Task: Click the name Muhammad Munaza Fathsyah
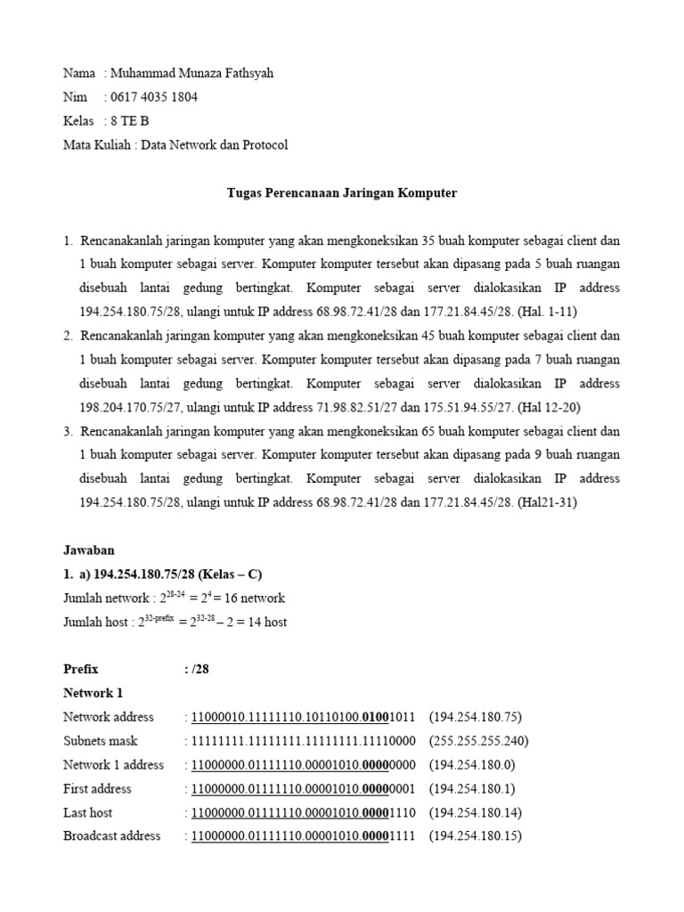pyautogui.click(x=189, y=73)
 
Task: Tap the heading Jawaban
pyautogui.click(x=89, y=550)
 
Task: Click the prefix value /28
pyautogui.click(x=200, y=669)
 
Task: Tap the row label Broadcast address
pyautogui.click(x=112, y=836)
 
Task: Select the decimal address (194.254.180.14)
pyautogui.click(x=476, y=812)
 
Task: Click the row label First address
pyautogui.click(x=97, y=789)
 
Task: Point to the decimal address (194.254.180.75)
pyautogui.click(x=476, y=717)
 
